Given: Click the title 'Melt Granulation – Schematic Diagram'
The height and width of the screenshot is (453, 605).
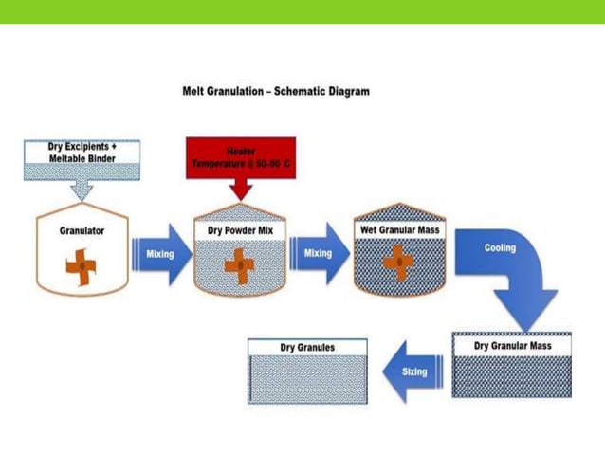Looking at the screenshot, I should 275,91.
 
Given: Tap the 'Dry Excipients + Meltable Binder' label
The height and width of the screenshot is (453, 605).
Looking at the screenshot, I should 82,153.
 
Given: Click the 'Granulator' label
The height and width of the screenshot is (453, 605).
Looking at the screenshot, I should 82,230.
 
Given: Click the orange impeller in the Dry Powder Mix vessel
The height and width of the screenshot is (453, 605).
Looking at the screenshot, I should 239,265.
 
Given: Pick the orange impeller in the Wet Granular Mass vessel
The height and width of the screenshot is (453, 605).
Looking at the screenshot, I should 399,263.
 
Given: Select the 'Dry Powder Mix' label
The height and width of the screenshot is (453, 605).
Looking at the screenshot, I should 240,230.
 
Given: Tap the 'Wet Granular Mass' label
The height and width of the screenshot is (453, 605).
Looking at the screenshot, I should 399,229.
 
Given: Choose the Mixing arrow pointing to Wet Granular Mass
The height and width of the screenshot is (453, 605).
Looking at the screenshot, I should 319,254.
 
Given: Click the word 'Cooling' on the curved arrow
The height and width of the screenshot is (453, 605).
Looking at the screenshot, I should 500,248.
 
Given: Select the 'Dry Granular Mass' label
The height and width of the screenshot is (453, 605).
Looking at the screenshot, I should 512,346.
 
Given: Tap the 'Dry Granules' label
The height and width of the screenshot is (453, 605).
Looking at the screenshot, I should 307,348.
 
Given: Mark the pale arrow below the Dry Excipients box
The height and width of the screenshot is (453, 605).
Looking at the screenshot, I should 82,190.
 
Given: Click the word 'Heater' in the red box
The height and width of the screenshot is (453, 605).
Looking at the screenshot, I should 241,152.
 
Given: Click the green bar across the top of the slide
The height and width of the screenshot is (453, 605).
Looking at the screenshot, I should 302,11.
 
